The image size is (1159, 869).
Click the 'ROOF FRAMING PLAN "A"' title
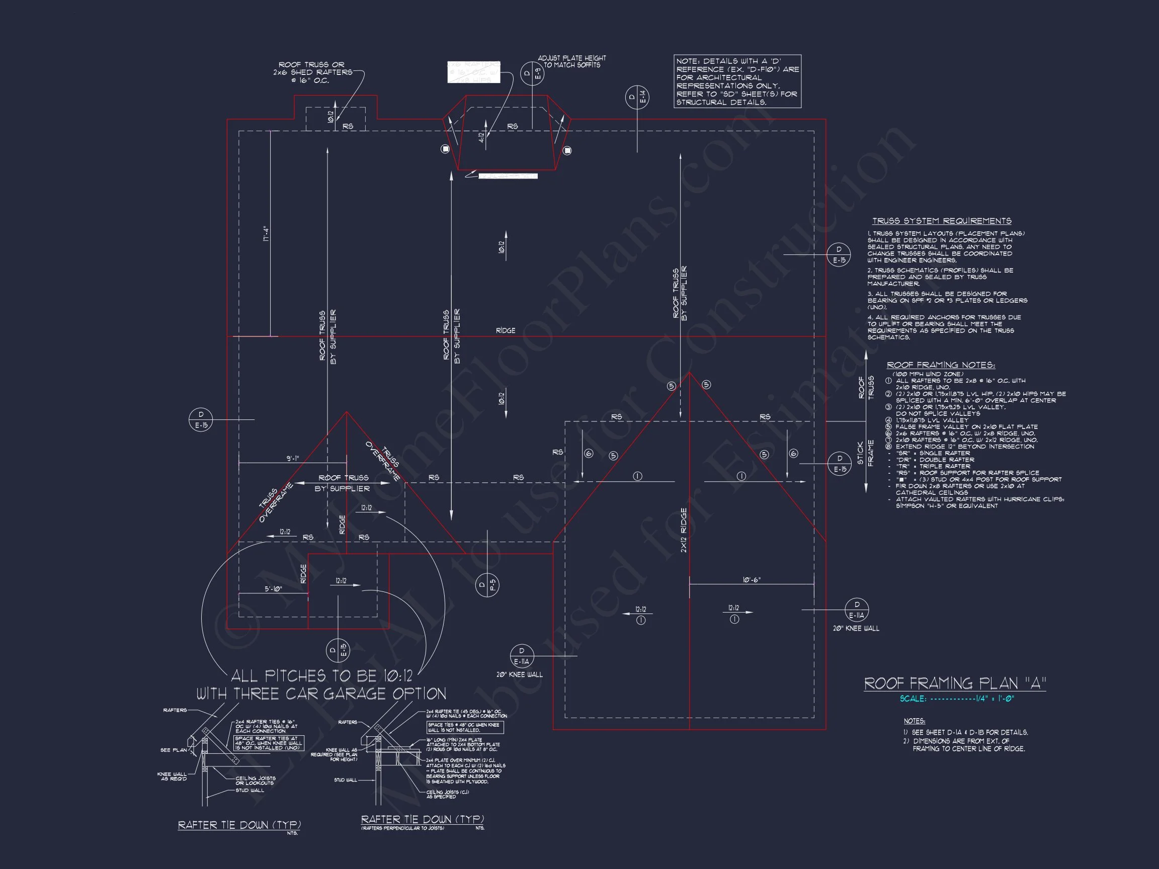(955, 683)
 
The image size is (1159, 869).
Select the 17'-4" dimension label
(266, 234)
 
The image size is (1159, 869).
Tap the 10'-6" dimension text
(752, 580)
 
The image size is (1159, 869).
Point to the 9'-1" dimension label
(292, 458)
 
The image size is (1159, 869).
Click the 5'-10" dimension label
(273, 589)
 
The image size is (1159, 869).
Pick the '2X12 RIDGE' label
(683, 530)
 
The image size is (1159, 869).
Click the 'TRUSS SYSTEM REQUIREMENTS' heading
(942, 221)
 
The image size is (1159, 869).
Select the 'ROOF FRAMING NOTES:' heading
(941, 365)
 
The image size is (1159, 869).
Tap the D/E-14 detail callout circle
(637, 98)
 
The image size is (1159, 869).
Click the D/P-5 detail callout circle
(487, 585)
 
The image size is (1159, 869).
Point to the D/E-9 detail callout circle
(532, 73)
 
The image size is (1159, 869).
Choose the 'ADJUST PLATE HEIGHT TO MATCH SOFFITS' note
(571, 61)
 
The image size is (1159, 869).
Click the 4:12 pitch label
(481, 137)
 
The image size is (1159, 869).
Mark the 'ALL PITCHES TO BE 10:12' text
(322, 676)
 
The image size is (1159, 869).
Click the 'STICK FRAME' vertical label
(865, 453)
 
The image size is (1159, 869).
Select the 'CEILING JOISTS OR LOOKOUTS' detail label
(255, 780)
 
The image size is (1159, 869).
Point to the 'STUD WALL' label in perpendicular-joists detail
(345, 780)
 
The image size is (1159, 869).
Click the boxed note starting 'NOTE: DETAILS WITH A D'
(737, 81)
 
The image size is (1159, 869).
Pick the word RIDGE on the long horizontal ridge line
(506, 330)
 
